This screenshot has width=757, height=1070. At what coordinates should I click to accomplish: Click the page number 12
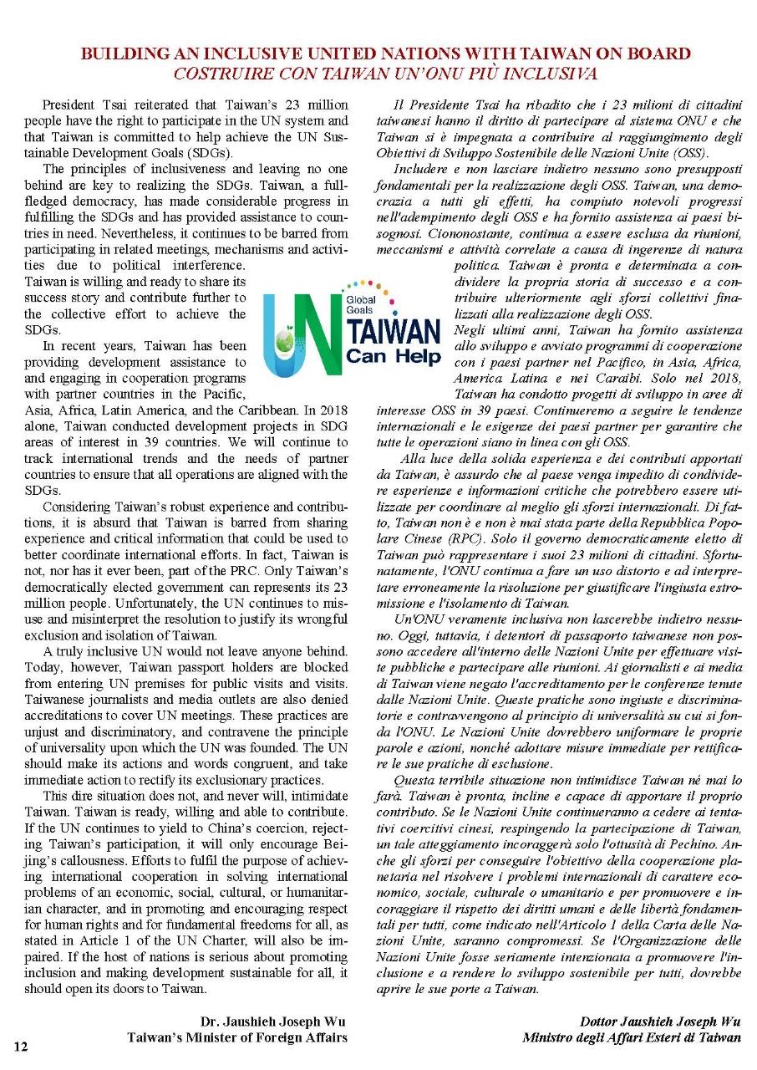coord(20,1046)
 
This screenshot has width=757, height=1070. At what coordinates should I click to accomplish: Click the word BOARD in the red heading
coord(657,54)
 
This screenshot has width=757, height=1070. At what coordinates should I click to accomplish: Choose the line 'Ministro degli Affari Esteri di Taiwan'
coord(631,1037)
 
